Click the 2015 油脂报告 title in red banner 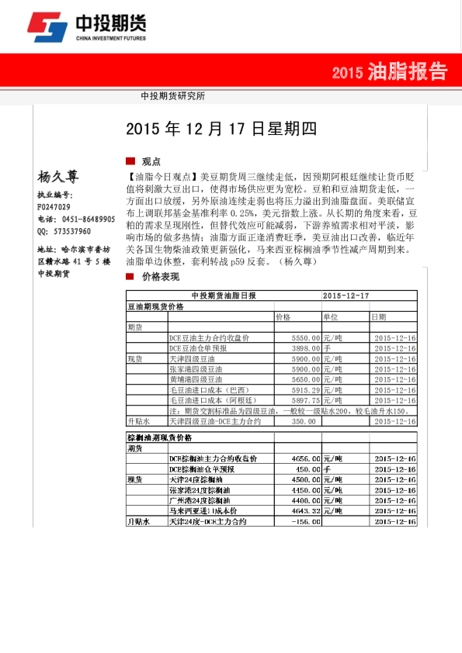389,73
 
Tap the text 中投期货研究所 173,97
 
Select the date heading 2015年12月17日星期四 221,129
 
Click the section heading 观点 151,161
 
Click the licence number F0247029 54,207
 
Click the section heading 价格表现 160,276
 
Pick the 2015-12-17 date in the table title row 346,296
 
